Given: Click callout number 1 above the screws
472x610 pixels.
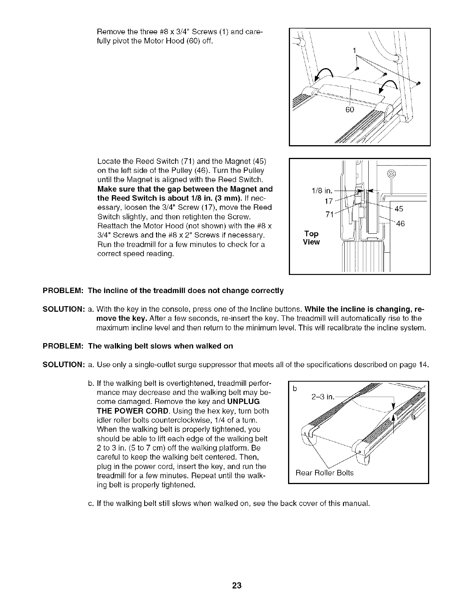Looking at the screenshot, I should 355,50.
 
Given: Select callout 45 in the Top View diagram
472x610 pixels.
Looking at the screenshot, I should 399,209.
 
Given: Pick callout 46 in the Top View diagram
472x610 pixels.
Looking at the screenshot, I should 400,223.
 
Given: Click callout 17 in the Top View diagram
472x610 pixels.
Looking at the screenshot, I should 329,201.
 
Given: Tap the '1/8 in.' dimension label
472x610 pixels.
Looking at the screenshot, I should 322,191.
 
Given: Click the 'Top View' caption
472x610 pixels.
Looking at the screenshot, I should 311,238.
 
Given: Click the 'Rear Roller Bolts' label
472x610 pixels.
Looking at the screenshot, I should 324,473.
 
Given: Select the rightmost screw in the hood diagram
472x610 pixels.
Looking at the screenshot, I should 418,83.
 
